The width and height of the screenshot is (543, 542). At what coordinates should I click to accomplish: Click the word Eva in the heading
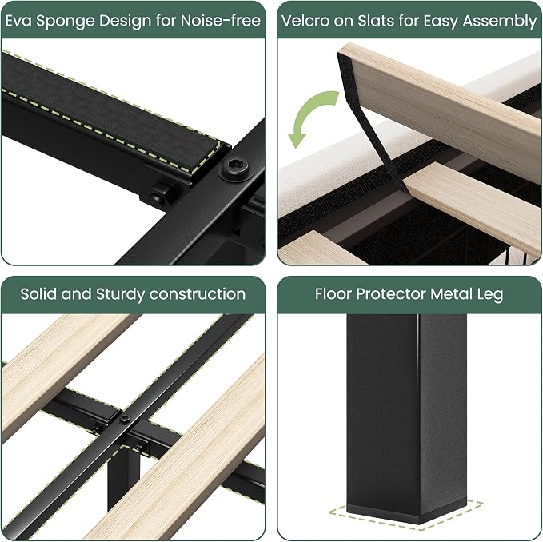tap(18, 21)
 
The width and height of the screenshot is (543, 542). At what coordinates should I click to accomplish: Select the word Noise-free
tap(221, 21)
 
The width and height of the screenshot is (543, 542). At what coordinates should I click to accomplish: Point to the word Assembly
tap(500, 22)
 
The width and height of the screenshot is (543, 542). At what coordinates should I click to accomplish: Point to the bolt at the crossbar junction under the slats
tap(125, 419)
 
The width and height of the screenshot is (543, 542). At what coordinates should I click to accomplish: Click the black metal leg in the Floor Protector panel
tap(406, 416)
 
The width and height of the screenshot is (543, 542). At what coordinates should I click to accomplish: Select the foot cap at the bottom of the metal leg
tap(406, 512)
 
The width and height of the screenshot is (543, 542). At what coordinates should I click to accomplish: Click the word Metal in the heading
tap(451, 294)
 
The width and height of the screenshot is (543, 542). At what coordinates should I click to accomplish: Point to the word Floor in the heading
tap(333, 294)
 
